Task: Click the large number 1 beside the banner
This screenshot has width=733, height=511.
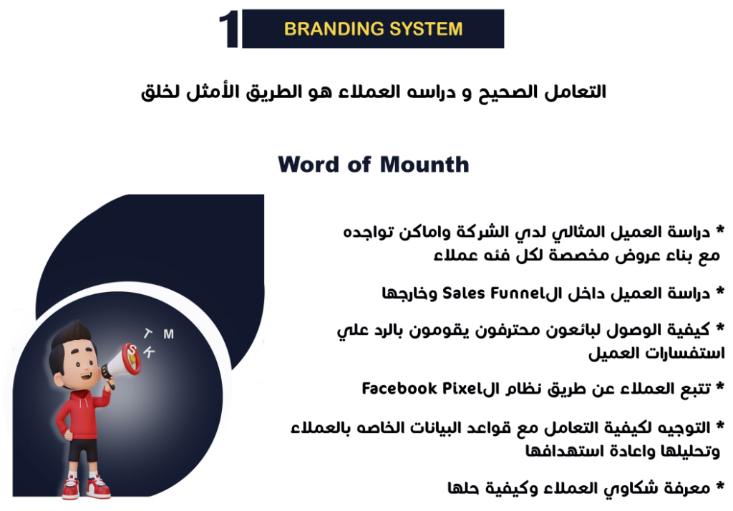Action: (x=228, y=29)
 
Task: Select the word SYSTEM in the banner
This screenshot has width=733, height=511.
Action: (x=426, y=29)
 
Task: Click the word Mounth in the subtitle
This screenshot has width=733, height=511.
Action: (x=424, y=165)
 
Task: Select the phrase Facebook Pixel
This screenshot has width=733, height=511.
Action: (x=421, y=388)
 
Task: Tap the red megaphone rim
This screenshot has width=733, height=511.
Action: (x=131, y=359)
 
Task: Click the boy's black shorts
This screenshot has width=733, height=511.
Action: (x=83, y=449)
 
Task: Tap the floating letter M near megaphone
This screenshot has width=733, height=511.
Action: (x=169, y=334)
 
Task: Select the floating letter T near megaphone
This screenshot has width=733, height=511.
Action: (x=147, y=333)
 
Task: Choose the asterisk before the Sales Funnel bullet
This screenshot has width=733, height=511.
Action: (x=719, y=291)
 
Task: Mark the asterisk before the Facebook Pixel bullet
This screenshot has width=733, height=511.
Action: (x=719, y=386)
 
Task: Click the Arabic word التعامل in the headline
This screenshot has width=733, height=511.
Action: (x=575, y=91)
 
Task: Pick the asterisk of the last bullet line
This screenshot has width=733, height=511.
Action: (x=719, y=485)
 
